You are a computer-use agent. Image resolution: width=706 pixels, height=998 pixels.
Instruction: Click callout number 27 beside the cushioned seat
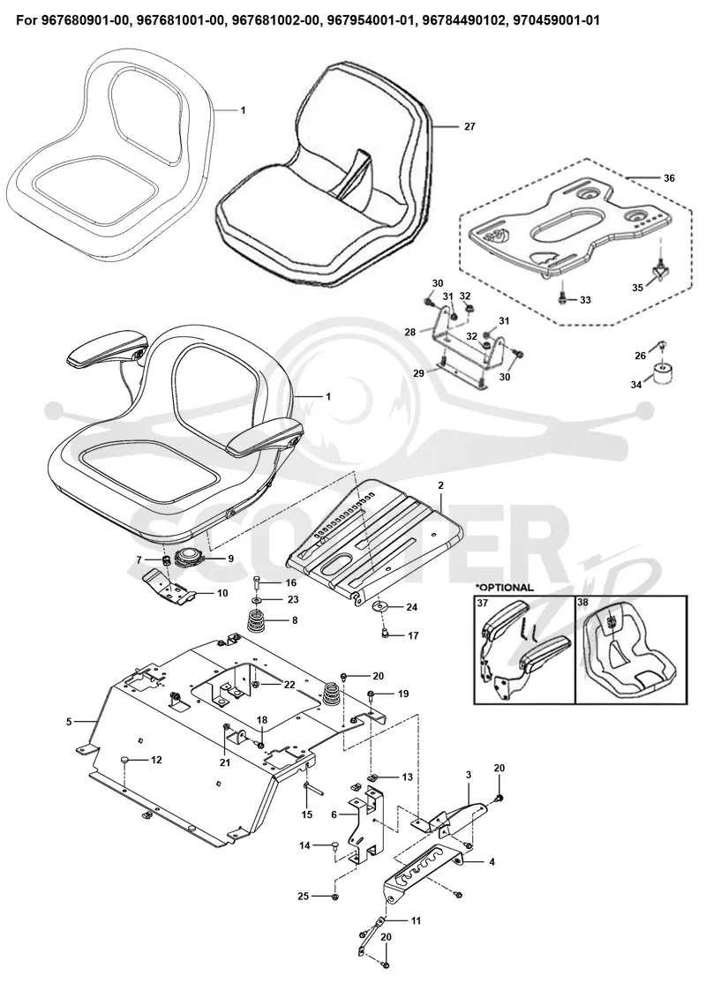469,127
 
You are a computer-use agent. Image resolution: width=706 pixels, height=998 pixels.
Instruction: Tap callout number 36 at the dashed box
669,178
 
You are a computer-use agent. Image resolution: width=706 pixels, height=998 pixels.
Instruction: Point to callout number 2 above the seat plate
440,485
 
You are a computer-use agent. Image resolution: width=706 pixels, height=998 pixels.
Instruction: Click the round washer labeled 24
379,605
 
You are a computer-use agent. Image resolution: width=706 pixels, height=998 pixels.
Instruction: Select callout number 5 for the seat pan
69,722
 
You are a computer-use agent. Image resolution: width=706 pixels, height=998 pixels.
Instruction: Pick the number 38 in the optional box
583,602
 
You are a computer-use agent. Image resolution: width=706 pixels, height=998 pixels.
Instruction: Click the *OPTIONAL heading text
504,587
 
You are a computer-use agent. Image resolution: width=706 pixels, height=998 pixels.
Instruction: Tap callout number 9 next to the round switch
230,559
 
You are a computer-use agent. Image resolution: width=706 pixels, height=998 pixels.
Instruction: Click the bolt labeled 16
255,582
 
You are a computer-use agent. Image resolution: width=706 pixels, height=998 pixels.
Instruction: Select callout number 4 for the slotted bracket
492,862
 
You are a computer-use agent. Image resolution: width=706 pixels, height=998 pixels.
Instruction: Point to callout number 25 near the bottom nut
303,897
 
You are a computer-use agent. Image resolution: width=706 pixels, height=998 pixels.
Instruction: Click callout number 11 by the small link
416,920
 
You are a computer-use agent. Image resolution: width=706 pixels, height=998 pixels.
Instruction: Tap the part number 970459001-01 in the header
556,20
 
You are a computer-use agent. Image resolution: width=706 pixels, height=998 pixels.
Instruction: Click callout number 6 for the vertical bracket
334,814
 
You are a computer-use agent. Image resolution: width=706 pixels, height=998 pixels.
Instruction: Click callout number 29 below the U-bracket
418,373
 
